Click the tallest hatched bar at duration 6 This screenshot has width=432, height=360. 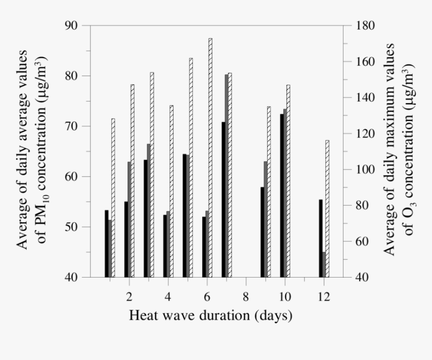pyautogui.click(x=210, y=158)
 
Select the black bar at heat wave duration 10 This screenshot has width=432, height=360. pyautogui.click(x=282, y=196)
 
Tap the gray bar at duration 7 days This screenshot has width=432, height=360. pyautogui.click(x=227, y=176)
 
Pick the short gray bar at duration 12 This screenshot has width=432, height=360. pyautogui.click(x=324, y=264)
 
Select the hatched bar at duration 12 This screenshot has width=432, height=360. pyautogui.click(x=327, y=209)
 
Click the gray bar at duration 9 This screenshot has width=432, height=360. pyautogui.click(x=266, y=219)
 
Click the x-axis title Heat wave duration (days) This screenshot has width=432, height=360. pyautogui.click(x=210, y=316)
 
